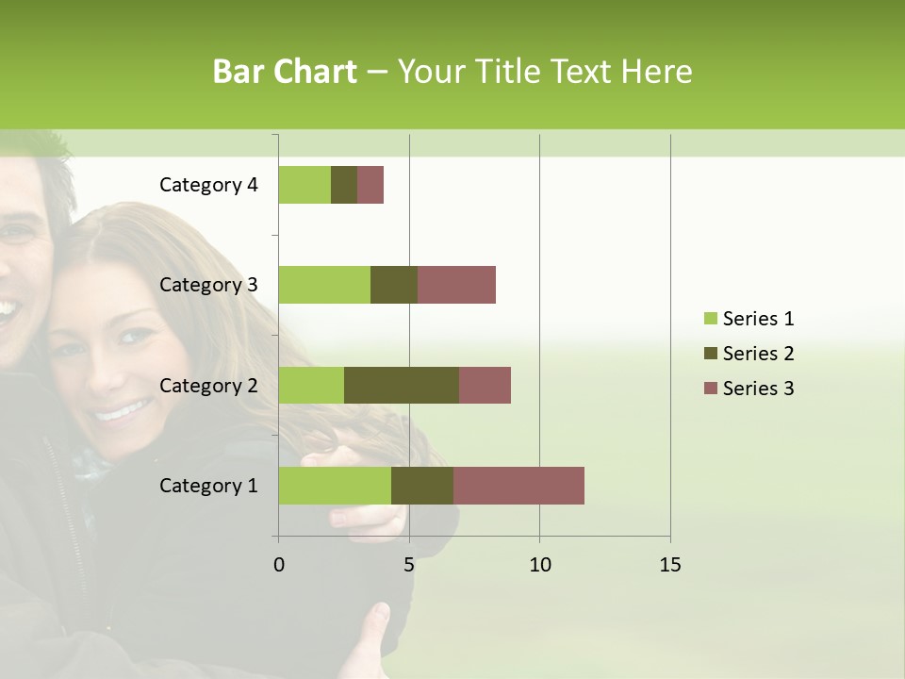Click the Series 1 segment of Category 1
[x=335, y=486]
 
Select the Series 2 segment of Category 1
[x=422, y=486]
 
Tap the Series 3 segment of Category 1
[x=518, y=486]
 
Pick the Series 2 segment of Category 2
[x=402, y=385]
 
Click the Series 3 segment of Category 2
[x=485, y=385]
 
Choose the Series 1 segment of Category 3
[x=324, y=285]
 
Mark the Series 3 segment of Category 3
[x=456, y=285]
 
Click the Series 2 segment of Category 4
[x=344, y=185]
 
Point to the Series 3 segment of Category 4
[x=370, y=185]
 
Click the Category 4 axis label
[x=208, y=185]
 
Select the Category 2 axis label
[x=208, y=385]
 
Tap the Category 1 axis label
[x=208, y=486]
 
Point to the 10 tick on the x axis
[x=539, y=565]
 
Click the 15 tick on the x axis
[x=669, y=565]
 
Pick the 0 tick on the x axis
[x=278, y=565]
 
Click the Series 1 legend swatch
[x=710, y=319]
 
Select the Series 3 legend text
[x=758, y=389]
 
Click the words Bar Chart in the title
[x=285, y=72]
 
